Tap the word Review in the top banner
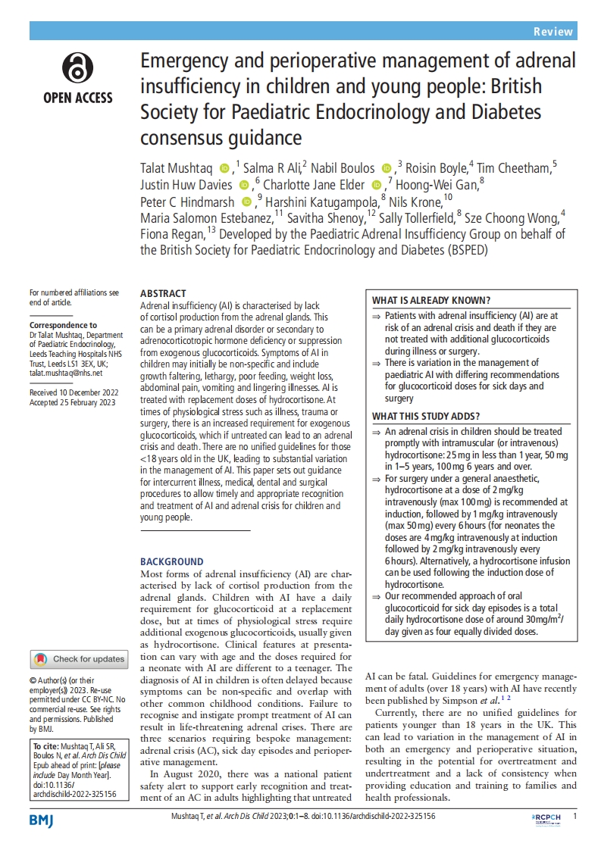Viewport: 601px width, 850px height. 552,31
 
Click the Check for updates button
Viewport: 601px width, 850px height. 79,659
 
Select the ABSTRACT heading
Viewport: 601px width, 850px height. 163,293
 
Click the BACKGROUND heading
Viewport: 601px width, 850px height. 172,561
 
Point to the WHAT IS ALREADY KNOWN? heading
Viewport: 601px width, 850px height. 431,300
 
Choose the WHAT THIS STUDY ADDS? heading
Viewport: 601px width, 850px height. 425,416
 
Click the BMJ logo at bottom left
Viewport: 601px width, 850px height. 41,820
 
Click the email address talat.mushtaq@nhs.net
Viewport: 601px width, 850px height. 65,373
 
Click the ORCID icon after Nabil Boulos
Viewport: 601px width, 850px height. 386,168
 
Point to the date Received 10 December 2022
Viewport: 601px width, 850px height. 73,393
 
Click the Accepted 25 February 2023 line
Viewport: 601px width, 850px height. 72,402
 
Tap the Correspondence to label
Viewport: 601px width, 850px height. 63,324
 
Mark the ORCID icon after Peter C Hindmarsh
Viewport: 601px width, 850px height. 246,202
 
